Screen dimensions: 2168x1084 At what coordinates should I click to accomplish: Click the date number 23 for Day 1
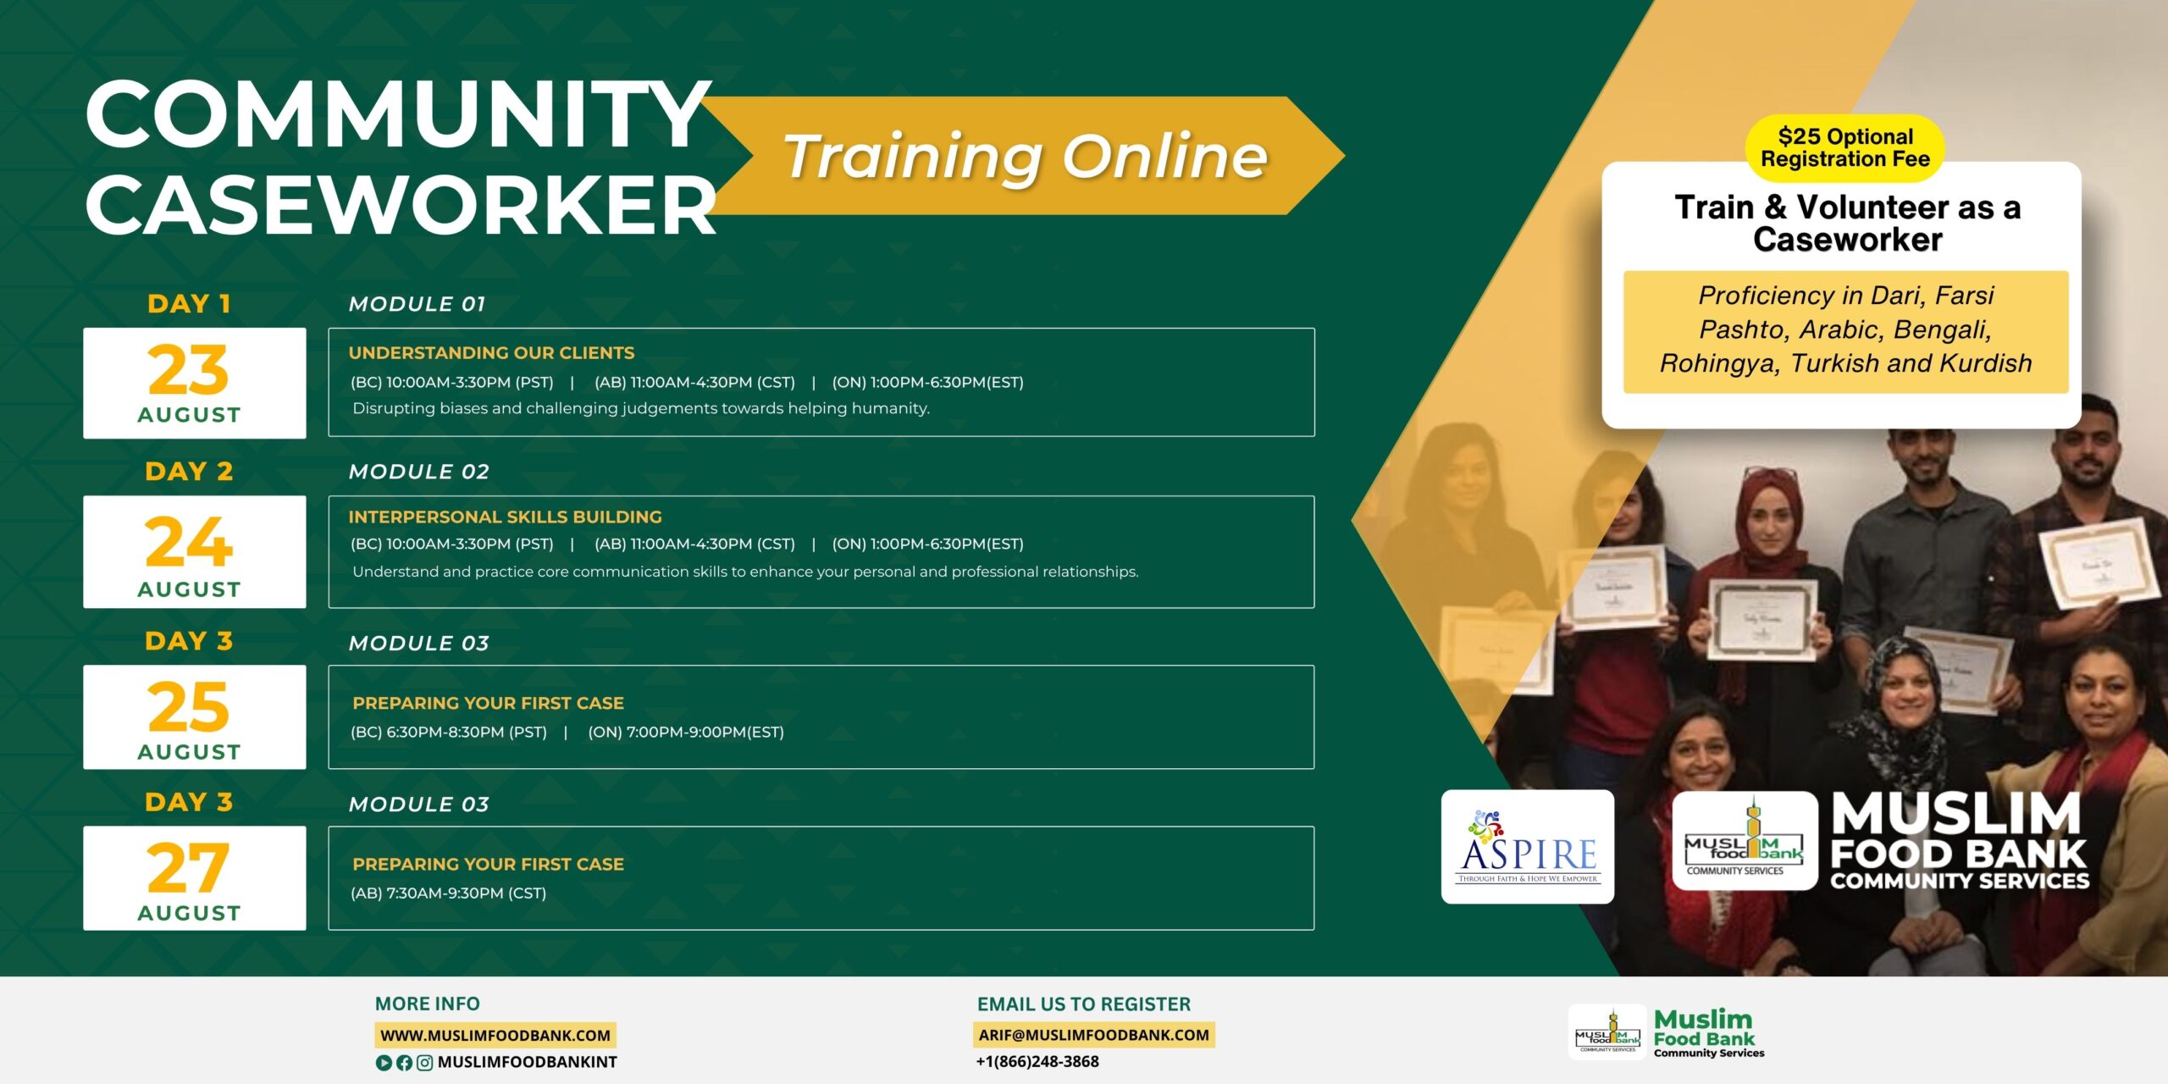188,370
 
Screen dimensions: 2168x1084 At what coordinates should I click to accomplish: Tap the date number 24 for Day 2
188,542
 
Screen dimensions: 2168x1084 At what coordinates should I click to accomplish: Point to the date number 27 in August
188,868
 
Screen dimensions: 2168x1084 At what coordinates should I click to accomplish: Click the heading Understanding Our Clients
491,352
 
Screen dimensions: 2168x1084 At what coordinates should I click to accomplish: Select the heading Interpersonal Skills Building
505,517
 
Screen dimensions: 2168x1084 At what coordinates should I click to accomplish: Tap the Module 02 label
419,472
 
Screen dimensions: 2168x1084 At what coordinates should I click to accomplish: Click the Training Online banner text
1026,157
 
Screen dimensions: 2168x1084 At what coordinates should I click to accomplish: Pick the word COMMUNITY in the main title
398,114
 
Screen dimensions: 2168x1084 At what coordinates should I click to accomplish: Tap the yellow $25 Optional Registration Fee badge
1845,148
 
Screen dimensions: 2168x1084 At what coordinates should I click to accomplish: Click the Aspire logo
1528,847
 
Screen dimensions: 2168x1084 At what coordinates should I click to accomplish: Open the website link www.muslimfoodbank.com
495,1035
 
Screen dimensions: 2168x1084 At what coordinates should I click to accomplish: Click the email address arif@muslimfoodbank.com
1093,1035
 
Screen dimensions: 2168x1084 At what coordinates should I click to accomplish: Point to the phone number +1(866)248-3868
1037,1061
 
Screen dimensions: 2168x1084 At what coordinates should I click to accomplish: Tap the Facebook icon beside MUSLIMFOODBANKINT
404,1063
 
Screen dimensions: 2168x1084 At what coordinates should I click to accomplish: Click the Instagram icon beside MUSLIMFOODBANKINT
425,1063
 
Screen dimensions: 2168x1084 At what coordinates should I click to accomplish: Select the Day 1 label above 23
189,304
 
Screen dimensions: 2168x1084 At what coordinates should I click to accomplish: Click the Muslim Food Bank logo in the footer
1666,1032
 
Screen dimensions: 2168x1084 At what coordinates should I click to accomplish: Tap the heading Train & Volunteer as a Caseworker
1847,224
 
